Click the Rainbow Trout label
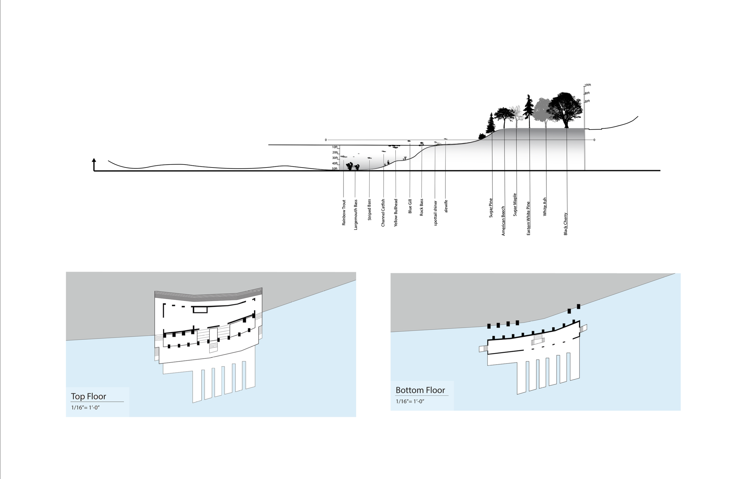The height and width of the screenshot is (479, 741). coord(344,213)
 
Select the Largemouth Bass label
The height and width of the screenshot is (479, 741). coord(356,215)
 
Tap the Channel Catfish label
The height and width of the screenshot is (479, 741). coord(383,213)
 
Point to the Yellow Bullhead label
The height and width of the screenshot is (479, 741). coord(396,213)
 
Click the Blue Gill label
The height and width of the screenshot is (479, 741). coord(410,206)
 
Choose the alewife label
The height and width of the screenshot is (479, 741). coord(446,206)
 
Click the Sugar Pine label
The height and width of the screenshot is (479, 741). coord(491,208)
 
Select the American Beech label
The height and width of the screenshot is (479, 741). coord(503,221)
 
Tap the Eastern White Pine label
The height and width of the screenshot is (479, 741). coord(528,218)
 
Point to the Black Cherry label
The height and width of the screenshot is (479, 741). coord(566,224)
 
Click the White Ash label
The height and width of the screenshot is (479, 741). coord(544,207)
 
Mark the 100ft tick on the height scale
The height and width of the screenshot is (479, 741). coord(587,85)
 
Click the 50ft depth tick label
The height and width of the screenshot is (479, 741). coord(335,169)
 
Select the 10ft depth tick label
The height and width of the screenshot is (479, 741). coord(335,147)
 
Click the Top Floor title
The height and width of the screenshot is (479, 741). coord(89,396)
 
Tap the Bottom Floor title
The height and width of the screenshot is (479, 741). coord(420,390)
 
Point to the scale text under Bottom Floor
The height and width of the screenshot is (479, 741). coord(410,401)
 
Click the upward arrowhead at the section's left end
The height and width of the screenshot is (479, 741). coord(94,160)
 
